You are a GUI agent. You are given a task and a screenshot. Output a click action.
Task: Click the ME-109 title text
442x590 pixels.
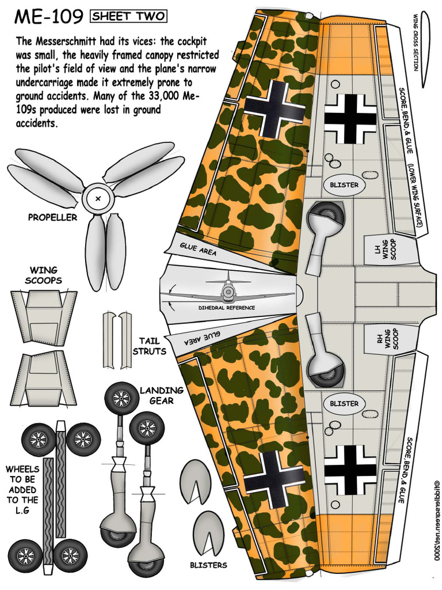48,17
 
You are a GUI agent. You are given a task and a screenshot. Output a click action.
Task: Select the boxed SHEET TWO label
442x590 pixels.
128,17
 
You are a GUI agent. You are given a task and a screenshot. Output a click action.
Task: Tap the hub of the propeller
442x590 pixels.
98,199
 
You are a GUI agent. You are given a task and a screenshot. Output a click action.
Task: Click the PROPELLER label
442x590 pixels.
52,218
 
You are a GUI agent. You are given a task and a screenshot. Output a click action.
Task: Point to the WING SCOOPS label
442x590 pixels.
44,275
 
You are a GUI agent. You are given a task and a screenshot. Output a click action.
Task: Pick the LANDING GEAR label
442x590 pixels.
161,395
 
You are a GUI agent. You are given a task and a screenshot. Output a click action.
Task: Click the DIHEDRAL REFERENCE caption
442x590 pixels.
226,308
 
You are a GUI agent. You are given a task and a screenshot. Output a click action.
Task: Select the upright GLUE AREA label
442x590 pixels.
197,249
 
